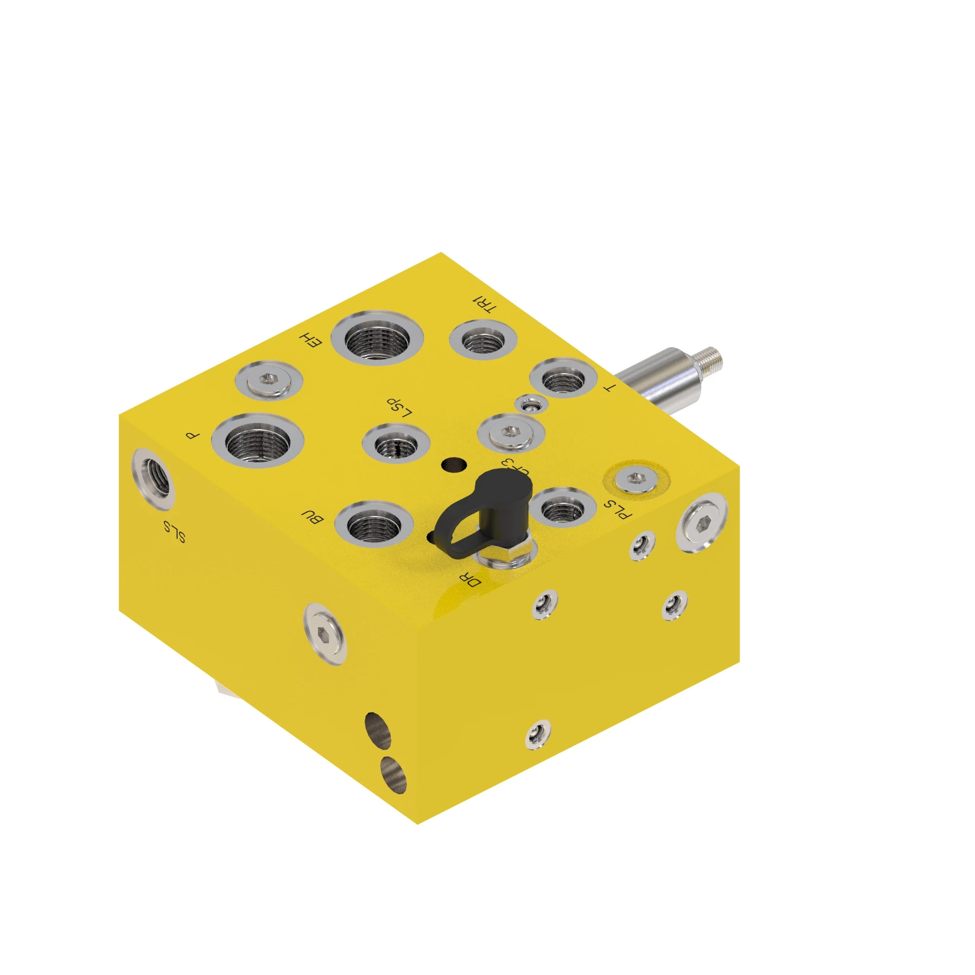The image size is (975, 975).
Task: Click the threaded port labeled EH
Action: pyautogui.click(x=377, y=338)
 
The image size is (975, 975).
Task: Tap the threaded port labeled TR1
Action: pyautogui.click(x=483, y=339)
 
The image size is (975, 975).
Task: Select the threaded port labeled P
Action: pyautogui.click(x=257, y=441)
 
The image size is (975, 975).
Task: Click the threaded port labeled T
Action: pyautogui.click(x=563, y=378)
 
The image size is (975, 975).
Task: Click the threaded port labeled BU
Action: pyautogui.click(x=374, y=526)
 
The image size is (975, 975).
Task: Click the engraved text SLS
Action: pyautogui.click(x=175, y=531)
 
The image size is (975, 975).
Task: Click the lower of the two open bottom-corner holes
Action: pyautogui.click(x=393, y=775)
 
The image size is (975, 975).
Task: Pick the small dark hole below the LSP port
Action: pyautogui.click(x=453, y=464)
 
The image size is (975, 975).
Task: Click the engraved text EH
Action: pyautogui.click(x=311, y=340)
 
